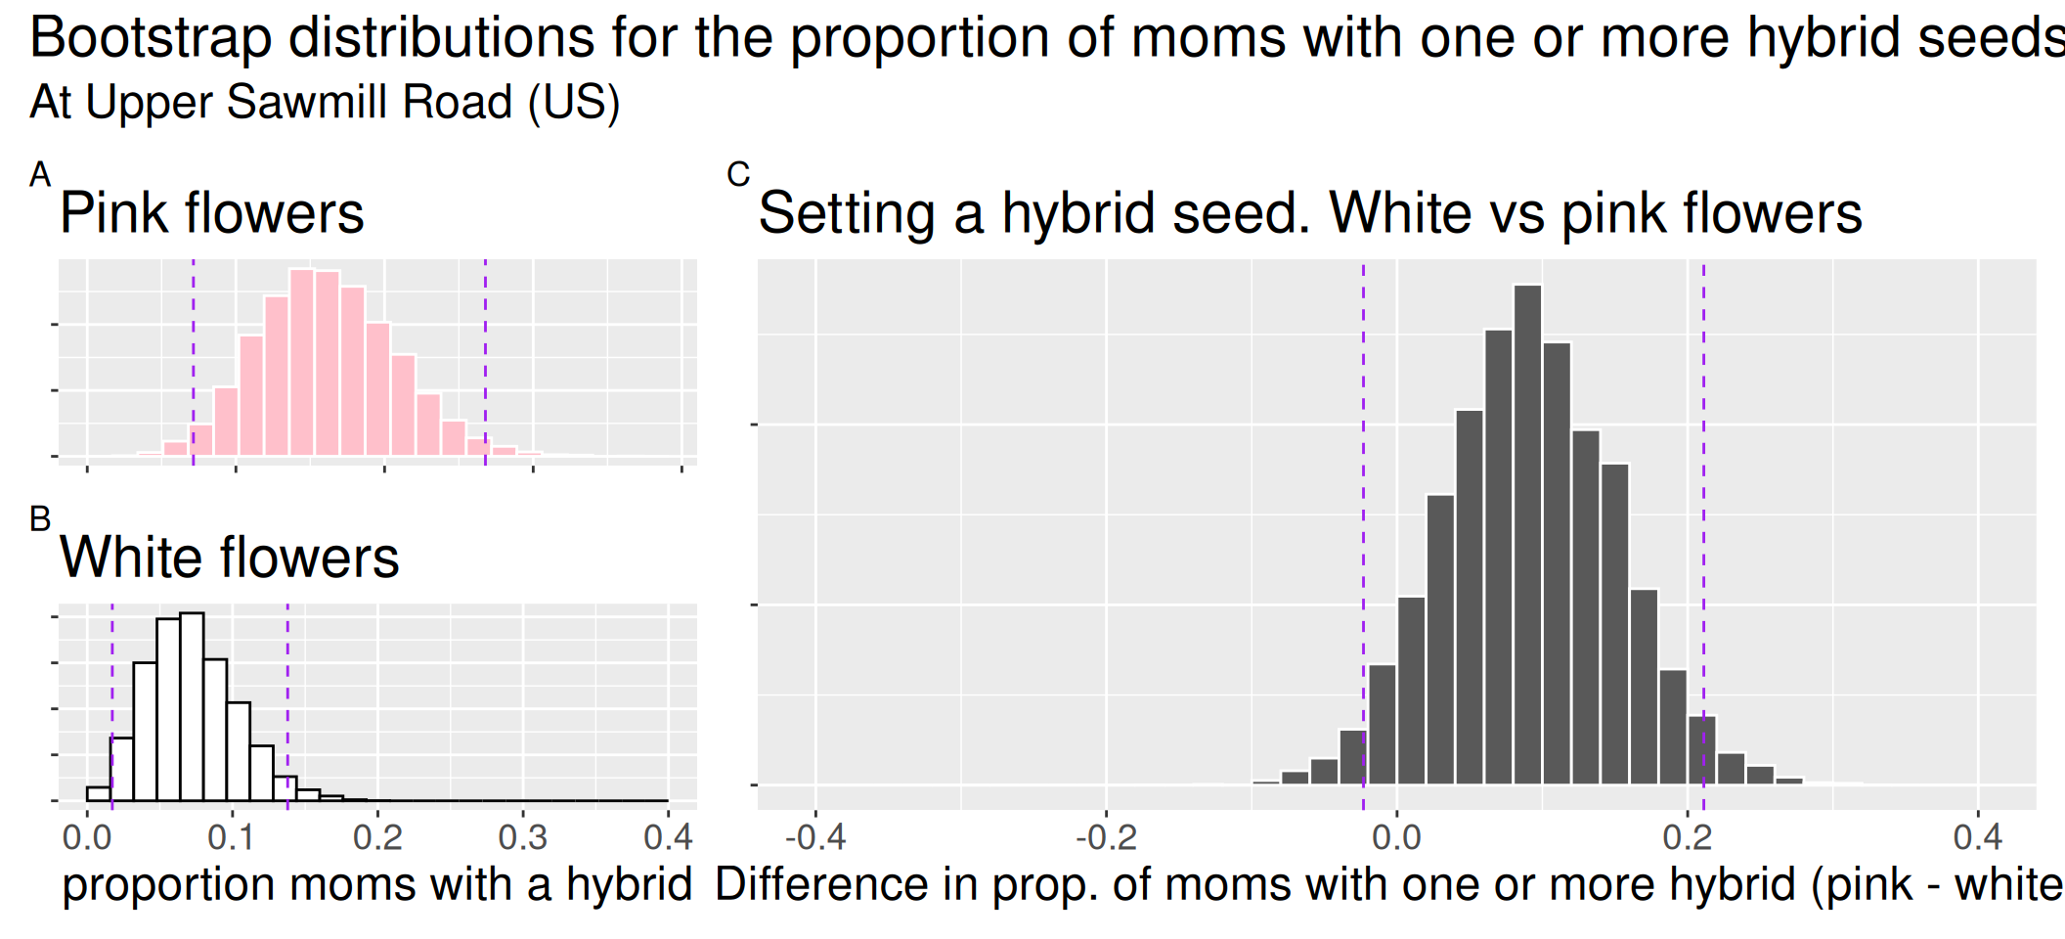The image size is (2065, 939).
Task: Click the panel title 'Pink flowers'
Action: coord(211,213)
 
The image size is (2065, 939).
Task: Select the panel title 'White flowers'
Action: coord(229,558)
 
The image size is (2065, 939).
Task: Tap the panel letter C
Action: coord(738,175)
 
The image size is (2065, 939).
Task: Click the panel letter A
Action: coord(40,175)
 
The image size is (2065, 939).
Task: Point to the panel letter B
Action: coord(40,519)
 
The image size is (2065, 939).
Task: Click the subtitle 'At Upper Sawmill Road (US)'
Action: coord(325,103)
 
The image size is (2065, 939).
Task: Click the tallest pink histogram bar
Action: coord(302,362)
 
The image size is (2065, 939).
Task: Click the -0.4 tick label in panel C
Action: coord(815,838)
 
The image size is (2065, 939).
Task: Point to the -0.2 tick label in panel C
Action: coord(1106,838)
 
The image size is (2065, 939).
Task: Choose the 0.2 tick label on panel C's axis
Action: coord(1687,838)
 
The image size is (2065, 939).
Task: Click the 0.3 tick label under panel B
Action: coord(523,838)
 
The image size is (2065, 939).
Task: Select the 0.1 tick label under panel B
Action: coord(232,838)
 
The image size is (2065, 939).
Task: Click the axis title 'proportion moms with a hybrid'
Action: coord(377,885)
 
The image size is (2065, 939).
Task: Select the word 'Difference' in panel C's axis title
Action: coord(820,885)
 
